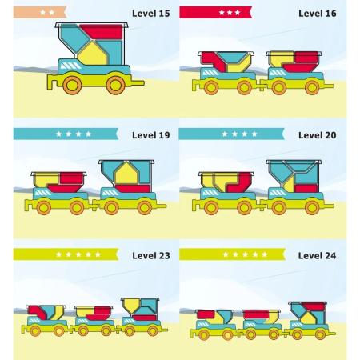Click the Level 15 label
151,14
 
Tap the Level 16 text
318,14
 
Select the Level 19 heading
151,135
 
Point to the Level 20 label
318,135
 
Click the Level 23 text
151,255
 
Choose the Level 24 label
317,255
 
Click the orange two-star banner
40,12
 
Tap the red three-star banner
215,12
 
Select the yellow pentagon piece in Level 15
93,54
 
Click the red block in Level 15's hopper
102,32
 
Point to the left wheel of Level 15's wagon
72,85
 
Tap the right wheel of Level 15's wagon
115,85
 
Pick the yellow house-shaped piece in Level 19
126,174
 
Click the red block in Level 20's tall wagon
306,188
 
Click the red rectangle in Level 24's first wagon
206,314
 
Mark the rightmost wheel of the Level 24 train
320,334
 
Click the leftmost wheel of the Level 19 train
44,207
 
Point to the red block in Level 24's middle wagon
257,314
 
